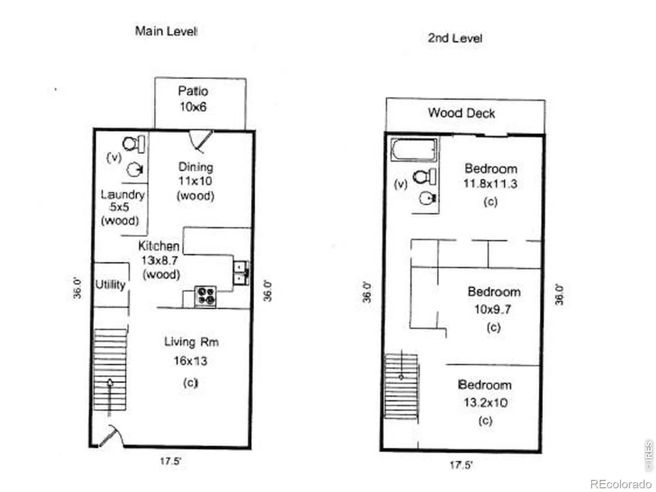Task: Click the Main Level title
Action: (166, 31)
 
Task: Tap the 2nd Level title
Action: (455, 38)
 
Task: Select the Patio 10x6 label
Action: (193, 99)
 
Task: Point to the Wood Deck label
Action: (461, 113)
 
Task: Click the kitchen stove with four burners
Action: (205, 296)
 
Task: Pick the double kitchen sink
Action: (241, 273)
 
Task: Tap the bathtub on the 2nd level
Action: (414, 150)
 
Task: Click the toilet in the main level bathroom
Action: (134, 144)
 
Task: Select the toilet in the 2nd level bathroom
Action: (424, 177)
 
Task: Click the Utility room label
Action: (110, 285)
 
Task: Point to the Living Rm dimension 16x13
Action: (191, 361)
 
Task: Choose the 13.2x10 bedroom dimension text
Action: (486, 403)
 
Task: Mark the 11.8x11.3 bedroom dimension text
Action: (490, 184)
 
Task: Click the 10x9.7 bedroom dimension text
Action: (493, 309)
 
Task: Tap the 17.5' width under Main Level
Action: (170, 461)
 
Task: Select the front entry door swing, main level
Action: (111, 436)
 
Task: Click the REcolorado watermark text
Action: (621, 483)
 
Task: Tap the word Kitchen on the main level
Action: (159, 246)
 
